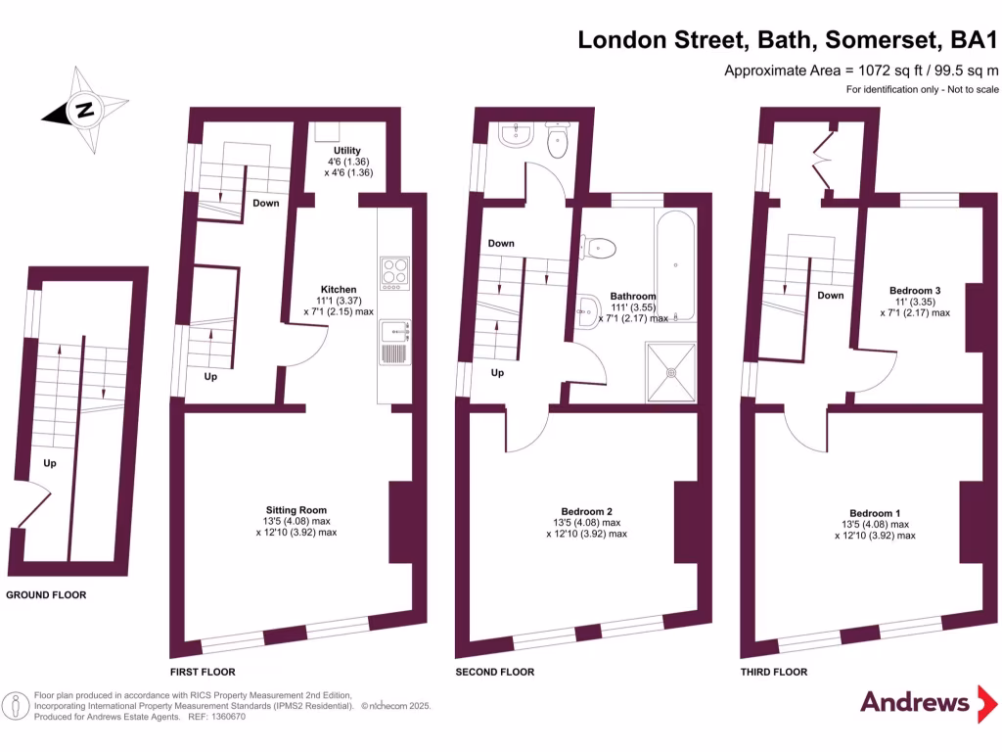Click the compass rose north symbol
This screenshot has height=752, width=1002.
coord(85,110)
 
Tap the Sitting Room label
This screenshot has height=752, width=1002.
coord(296,509)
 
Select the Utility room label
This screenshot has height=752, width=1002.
coord(346,150)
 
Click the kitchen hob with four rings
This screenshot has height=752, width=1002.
coord(393,272)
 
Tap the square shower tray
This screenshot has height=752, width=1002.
coord(671,372)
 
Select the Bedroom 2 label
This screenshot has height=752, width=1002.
coord(586,510)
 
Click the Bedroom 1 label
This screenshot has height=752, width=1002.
coord(874,513)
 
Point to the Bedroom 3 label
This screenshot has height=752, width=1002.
coord(914,290)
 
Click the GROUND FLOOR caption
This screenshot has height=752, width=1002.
coord(46,595)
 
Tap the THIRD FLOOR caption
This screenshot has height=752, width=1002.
coord(774,672)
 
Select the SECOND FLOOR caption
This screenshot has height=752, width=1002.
coord(495,672)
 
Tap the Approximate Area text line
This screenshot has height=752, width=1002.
coord(861,70)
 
